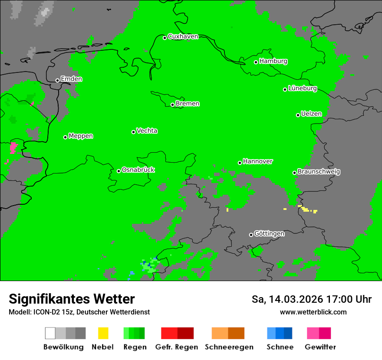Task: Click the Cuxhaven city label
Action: click(x=183, y=36)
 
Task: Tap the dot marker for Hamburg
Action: click(x=256, y=62)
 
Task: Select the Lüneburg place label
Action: click(x=303, y=88)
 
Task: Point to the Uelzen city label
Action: click(x=311, y=114)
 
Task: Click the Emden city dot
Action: click(x=57, y=80)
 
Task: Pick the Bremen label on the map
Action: click(x=188, y=104)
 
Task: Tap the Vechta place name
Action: click(x=147, y=131)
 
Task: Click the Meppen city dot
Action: click(x=66, y=137)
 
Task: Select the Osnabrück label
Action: click(x=138, y=170)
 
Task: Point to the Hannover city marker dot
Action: click(x=240, y=163)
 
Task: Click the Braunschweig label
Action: click(x=319, y=172)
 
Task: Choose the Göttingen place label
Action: click(x=269, y=234)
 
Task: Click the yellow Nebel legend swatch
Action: click(x=103, y=333)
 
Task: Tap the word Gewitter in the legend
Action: click(x=320, y=347)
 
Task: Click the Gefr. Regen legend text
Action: click(x=177, y=347)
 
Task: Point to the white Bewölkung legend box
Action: click(x=50, y=333)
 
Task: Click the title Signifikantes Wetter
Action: click(x=72, y=299)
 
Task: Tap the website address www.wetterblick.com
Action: click(x=313, y=312)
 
